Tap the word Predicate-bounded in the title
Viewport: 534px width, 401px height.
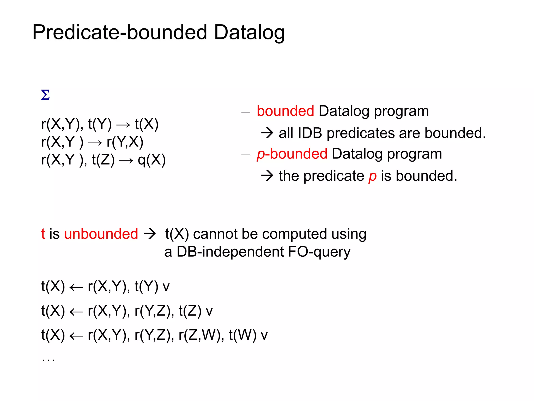(120, 32)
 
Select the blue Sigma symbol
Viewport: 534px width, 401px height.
(45, 95)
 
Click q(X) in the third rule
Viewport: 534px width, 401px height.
(151, 160)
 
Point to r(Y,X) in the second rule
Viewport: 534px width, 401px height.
(125, 142)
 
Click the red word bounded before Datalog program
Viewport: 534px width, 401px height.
(285, 111)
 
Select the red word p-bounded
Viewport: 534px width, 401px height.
(292, 154)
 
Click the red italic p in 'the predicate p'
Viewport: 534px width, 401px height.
(372, 176)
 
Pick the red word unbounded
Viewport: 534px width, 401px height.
(101, 234)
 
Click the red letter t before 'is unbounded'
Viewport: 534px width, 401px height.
(43, 234)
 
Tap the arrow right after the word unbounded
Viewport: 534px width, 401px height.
(150, 233)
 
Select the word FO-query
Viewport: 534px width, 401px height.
(319, 252)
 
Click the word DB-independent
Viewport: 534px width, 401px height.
(230, 252)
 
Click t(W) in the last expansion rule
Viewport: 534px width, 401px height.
(242, 335)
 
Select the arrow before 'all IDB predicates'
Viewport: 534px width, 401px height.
(267, 133)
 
